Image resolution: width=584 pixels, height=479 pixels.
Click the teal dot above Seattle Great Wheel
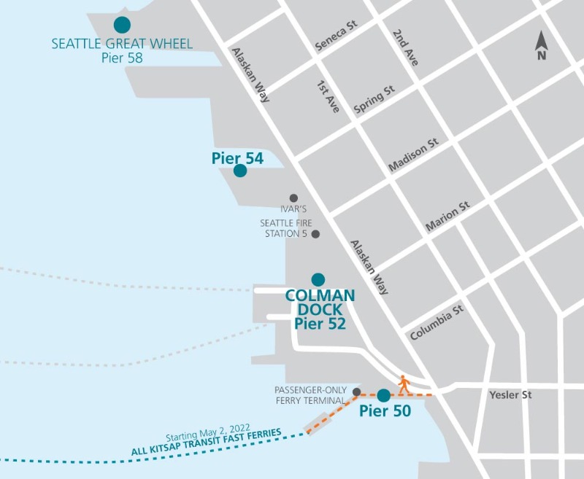click(x=123, y=25)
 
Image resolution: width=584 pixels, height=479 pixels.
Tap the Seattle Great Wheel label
click(x=122, y=44)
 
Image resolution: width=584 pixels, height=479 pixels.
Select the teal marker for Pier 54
click(x=239, y=171)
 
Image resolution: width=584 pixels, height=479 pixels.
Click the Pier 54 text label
click(x=237, y=157)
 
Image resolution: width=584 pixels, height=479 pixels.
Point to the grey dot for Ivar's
click(x=293, y=198)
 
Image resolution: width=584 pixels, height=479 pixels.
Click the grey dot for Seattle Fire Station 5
click(x=315, y=234)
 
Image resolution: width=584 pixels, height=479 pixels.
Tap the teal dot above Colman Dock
click(x=318, y=279)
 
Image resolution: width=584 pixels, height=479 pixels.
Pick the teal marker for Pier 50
click(x=383, y=396)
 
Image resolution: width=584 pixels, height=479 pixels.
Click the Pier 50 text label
click(x=385, y=411)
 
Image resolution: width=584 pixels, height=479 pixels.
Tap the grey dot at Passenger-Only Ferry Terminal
click(x=356, y=392)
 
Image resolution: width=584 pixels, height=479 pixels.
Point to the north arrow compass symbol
click(x=541, y=46)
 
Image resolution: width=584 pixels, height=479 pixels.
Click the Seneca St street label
click(x=336, y=36)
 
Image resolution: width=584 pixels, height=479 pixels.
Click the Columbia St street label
click(x=437, y=323)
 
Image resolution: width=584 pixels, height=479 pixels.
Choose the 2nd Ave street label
click(x=405, y=48)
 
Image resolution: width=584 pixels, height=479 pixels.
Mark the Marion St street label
click(x=447, y=217)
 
